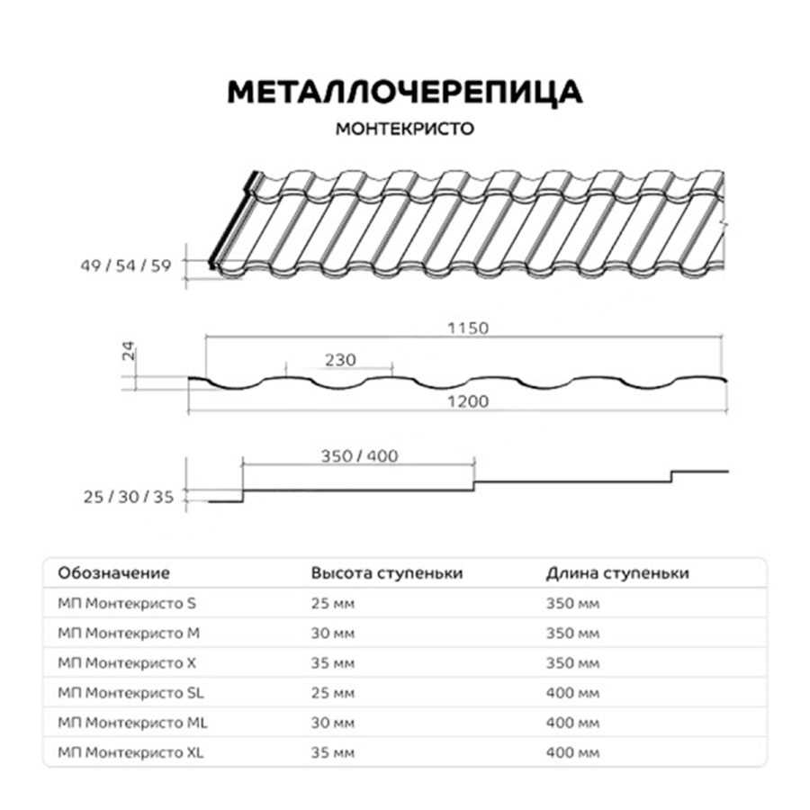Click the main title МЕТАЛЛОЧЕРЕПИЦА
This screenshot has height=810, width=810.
tap(404, 93)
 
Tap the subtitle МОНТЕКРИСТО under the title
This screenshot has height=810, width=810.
tap(404, 128)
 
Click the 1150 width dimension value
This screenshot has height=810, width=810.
tap(468, 328)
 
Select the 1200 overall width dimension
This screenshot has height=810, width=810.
tap(468, 401)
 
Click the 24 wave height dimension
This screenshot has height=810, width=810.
tap(128, 353)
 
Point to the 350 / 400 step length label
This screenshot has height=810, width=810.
tap(359, 455)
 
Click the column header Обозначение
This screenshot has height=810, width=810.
tap(113, 573)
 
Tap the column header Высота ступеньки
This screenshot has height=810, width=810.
tap(387, 573)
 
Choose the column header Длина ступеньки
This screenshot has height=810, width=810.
tap(617, 573)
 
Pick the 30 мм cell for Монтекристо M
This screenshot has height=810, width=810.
tap(333, 633)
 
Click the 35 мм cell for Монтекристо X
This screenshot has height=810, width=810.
tap(333, 663)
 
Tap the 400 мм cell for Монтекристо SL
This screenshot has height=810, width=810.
tap(572, 693)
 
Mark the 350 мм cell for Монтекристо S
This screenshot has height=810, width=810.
tap(572, 603)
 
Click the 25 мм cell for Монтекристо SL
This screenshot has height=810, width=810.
tap(333, 693)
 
